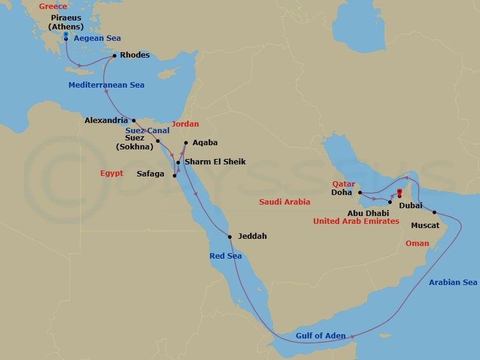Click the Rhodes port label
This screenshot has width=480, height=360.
134,55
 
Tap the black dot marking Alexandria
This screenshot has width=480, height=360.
134,120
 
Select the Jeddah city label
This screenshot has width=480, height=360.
252,236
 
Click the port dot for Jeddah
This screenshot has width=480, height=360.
230,236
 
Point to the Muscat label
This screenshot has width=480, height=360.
425,226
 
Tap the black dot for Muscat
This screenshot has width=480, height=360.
434,212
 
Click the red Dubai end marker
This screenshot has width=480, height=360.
400,193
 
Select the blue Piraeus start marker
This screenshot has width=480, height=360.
65,35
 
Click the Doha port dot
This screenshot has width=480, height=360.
359,193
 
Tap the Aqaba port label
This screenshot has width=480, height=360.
205,143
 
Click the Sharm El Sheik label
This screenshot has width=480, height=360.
215,162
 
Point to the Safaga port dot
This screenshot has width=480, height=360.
175,176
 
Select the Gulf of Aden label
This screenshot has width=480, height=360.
320,336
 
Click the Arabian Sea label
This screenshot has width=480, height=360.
453,283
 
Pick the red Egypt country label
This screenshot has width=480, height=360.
112,173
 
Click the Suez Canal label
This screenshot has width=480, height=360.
148,130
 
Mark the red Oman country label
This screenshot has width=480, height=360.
417,244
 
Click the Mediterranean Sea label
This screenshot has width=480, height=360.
106,85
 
